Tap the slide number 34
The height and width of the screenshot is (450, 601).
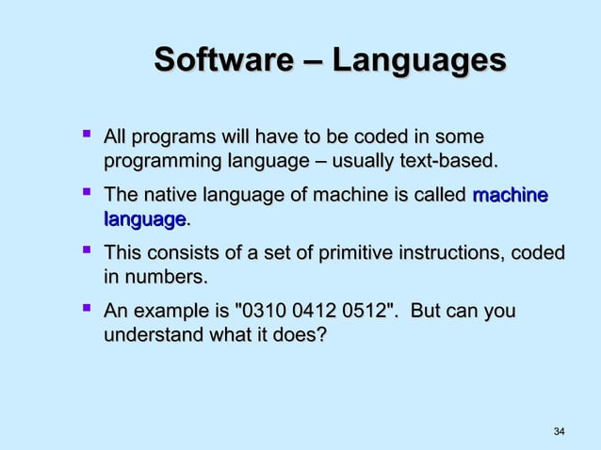click(x=559, y=431)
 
